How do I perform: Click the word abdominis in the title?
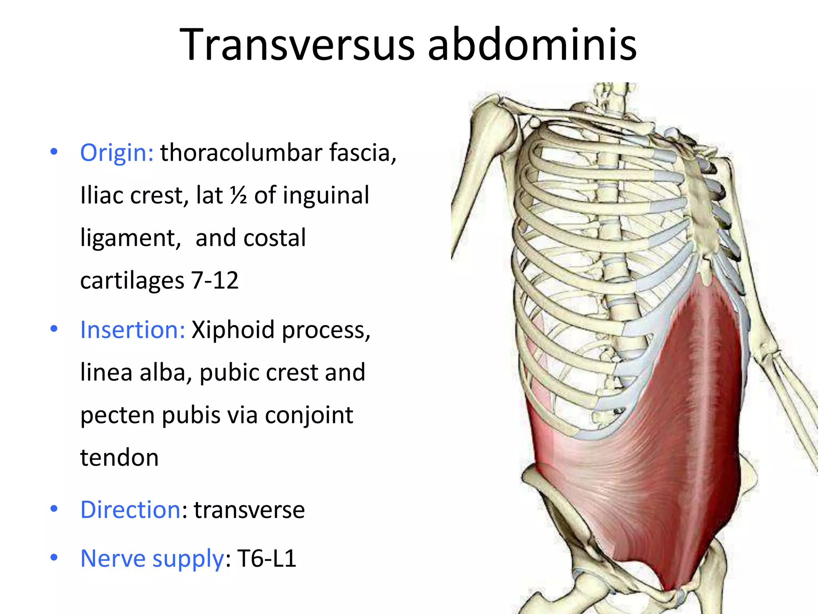(x=532, y=45)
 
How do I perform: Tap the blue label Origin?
(x=117, y=153)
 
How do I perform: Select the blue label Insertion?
(x=133, y=330)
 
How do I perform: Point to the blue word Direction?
(x=131, y=510)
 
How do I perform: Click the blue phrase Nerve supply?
(x=152, y=558)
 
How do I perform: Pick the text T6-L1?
(x=267, y=558)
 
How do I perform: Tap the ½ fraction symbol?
(x=238, y=195)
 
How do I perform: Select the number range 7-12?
(x=215, y=280)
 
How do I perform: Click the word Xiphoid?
(x=233, y=330)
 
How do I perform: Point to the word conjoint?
(x=309, y=415)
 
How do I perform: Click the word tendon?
(x=119, y=457)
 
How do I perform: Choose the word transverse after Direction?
(x=249, y=510)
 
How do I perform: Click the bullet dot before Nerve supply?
(x=54, y=557)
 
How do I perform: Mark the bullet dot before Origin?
(x=54, y=152)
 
